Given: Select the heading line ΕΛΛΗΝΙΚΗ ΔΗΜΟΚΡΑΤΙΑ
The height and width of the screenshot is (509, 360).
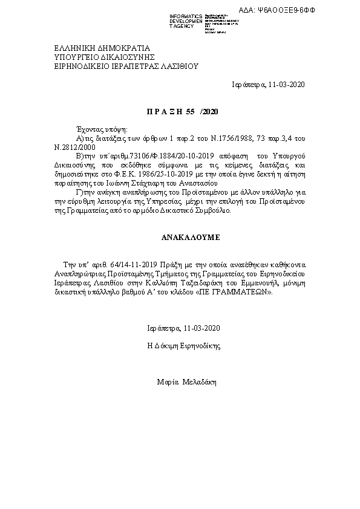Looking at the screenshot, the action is (93, 48).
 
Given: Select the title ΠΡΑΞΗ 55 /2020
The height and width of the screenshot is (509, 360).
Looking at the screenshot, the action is (182, 112).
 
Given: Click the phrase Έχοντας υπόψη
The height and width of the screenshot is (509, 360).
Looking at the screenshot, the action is (97, 129).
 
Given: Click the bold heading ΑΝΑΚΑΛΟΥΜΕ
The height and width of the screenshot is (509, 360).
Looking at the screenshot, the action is (182, 238).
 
